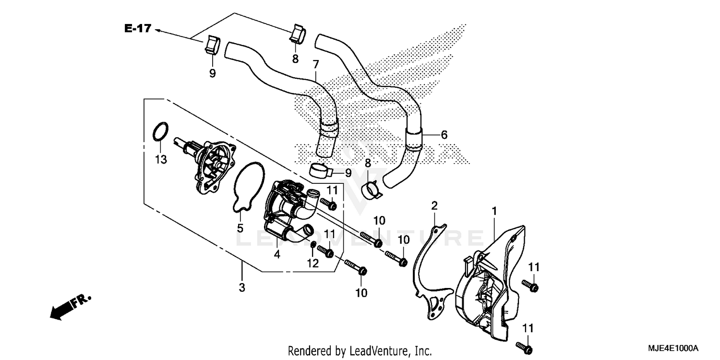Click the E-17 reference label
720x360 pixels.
pos(138,29)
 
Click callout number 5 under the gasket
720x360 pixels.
pos(240,228)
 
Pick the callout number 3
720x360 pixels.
pos(242,288)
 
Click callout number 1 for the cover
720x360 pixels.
pos(494,211)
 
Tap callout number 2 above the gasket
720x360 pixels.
pos(434,206)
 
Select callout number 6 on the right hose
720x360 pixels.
pos(444,135)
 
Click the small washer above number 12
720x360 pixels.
pos(312,246)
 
